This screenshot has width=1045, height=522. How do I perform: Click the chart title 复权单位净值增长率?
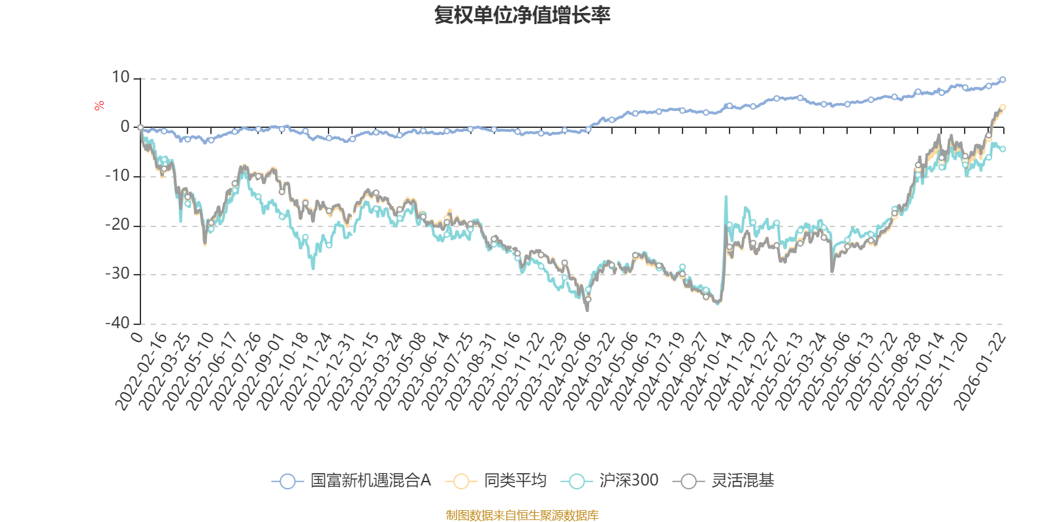(x=522, y=15)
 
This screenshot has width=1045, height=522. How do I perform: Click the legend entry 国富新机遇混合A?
(x=353, y=482)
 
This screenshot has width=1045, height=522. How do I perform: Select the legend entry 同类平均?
(x=496, y=482)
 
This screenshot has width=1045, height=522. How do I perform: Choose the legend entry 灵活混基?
(x=728, y=482)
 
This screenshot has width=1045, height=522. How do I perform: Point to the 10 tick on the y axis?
(x=121, y=78)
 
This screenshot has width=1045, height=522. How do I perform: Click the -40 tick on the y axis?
(x=118, y=323)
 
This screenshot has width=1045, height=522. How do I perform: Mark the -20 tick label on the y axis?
(x=118, y=225)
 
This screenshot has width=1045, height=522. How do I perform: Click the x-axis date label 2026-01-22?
(x=982, y=372)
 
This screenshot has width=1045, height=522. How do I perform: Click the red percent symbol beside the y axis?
(x=99, y=106)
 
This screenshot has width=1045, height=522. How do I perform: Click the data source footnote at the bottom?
(x=522, y=515)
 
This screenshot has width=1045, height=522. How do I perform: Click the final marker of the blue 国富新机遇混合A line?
(x=1003, y=80)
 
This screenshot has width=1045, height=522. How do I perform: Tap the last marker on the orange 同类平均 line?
(x=1003, y=107)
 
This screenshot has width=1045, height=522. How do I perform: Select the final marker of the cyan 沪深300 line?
(x=1003, y=149)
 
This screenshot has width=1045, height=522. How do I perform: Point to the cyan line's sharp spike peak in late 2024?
(x=726, y=196)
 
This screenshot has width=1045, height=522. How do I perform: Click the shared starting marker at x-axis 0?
(x=140, y=127)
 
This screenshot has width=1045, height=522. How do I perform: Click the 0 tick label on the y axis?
(x=125, y=127)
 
